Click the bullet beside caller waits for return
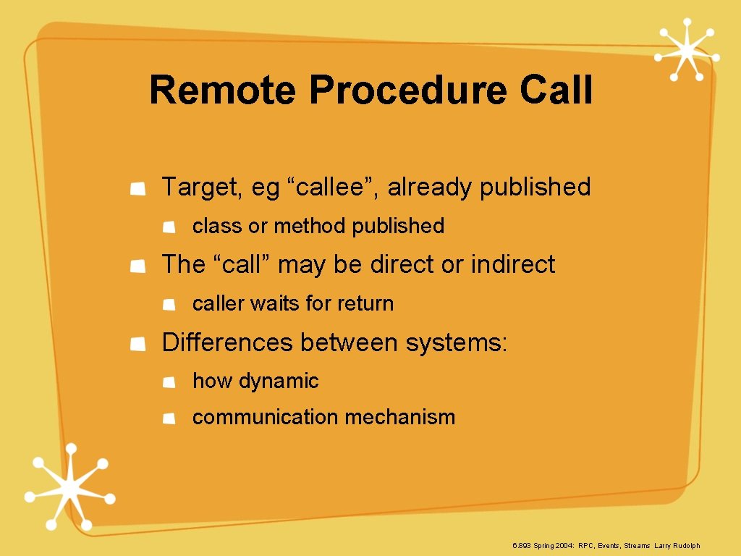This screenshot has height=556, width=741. click(168, 305)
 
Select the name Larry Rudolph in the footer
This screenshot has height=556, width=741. click(677, 545)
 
